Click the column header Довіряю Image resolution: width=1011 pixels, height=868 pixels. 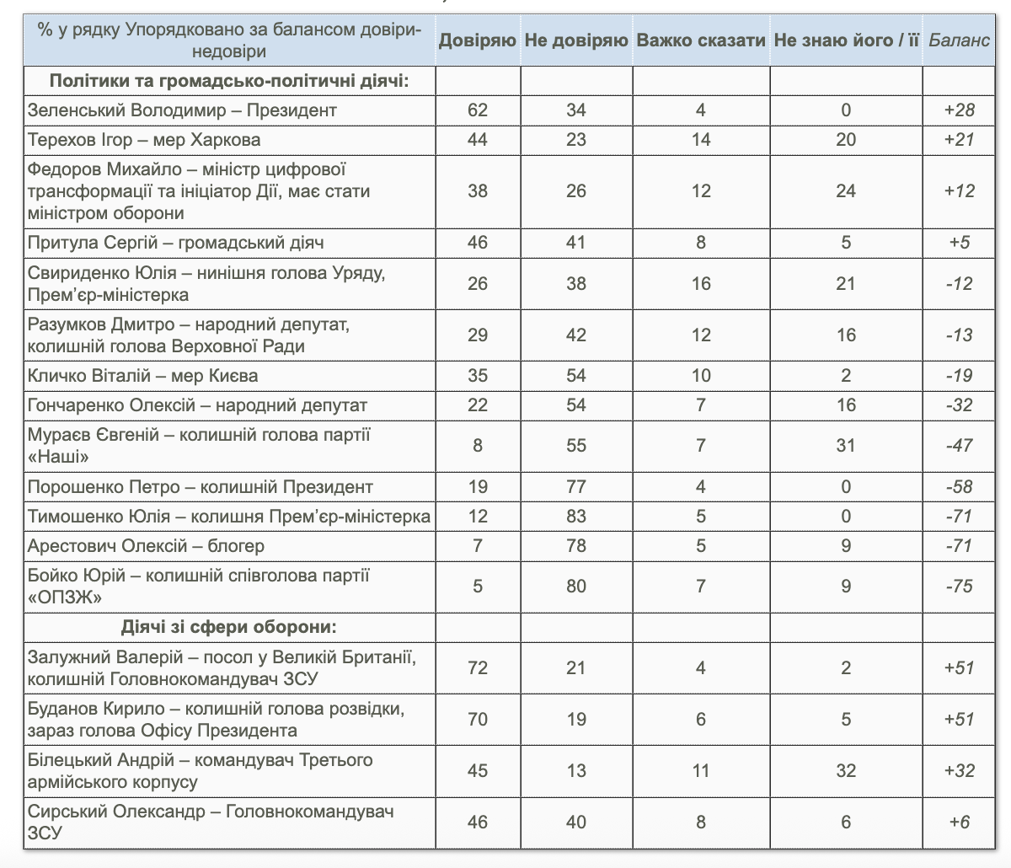pyautogui.click(x=477, y=40)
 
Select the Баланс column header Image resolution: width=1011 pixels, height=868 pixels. pyautogui.click(x=959, y=40)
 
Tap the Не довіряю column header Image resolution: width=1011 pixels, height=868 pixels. pyautogui.click(x=576, y=40)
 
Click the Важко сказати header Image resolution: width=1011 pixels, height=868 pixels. pyautogui.click(x=701, y=40)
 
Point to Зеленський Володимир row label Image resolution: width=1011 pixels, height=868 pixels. pyautogui.click(x=182, y=110)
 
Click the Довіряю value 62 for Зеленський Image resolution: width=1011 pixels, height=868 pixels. pyautogui.click(x=478, y=110)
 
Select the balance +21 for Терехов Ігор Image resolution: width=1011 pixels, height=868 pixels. pyautogui.click(x=959, y=140)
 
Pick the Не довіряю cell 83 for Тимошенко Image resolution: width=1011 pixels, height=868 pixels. pyautogui.click(x=576, y=517)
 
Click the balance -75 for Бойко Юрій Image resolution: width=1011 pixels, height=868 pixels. pyautogui.click(x=959, y=587)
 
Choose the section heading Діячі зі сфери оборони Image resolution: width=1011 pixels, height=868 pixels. pyautogui.click(x=229, y=628)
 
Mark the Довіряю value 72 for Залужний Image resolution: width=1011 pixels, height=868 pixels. pyautogui.click(x=478, y=668)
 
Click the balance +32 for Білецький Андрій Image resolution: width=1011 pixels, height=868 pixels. pyautogui.click(x=959, y=771)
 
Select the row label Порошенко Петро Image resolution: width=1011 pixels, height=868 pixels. pyautogui.click(x=201, y=487)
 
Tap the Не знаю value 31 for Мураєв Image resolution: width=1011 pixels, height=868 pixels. pyautogui.click(x=846, y=446)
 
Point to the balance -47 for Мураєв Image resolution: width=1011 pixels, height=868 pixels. pyautogui.click(x=959, y=446)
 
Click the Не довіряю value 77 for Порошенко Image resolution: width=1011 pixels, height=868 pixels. pyautogui.click(x=576, y=487)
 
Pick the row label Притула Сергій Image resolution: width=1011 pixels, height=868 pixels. pyautogui.click(x=176, y=243)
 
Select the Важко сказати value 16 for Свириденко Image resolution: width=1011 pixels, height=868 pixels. pyautogui.click(x=701, y=284)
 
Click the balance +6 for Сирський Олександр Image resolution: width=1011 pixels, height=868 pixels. pyautogui.click(x=959, y=822)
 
